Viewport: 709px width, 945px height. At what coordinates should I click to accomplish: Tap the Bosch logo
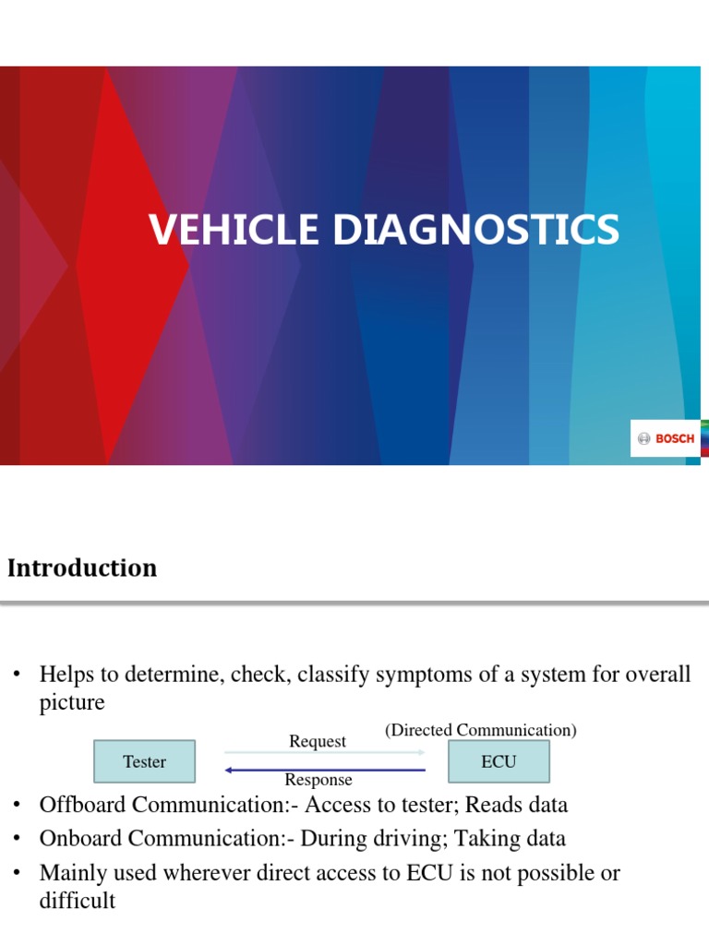[665, 438]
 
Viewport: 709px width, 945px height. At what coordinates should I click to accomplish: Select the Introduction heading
[82, 568]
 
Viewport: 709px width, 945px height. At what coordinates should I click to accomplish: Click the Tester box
[144, 762]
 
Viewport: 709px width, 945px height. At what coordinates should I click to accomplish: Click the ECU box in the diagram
[499, 762]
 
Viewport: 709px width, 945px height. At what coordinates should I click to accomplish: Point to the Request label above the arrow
[318, 741]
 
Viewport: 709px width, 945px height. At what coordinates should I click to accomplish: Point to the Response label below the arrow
[318, 781]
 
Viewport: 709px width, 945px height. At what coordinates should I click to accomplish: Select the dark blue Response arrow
[324, 770]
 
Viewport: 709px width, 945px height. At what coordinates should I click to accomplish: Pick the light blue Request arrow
[324, 753]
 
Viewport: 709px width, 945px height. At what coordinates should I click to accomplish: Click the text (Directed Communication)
[481, 730]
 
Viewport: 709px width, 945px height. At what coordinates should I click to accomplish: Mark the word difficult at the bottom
[78, 902]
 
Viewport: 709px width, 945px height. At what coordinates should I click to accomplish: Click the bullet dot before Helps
[16, 676]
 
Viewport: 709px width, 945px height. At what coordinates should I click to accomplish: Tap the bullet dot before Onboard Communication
[16, 840]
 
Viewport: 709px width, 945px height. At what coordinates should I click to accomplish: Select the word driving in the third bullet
[397, 839]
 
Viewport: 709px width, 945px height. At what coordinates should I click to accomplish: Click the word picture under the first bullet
[72, 702]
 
